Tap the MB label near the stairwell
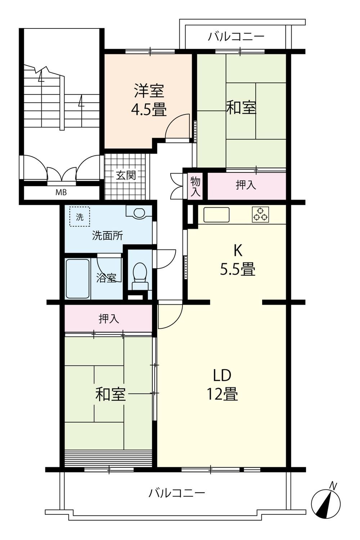tap(61, 192)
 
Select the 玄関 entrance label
tap(126, 175)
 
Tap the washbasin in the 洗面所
tap(139, 212)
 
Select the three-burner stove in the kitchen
tap(260, 215)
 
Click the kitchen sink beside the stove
tap(216, 215)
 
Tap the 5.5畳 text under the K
tap(238, 269)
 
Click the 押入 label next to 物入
tap(246, 185)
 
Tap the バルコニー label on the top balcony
tap(236, 37)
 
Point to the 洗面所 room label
tap(108, 235)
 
